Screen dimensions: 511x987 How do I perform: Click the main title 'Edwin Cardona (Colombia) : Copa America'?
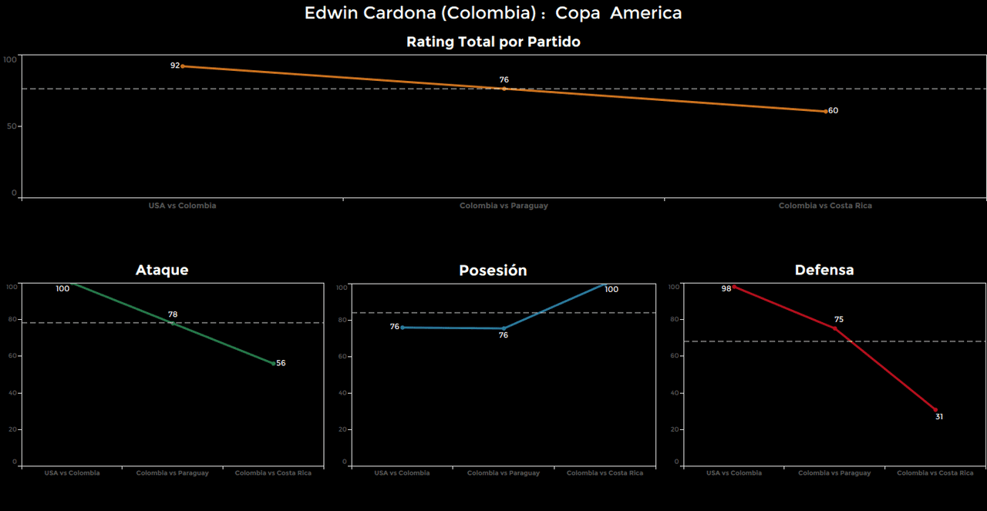point(493,13)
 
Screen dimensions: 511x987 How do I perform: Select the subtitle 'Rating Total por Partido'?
point(493,42)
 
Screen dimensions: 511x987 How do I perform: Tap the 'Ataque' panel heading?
point(162,270)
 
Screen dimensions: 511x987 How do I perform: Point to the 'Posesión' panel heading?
point(493,271)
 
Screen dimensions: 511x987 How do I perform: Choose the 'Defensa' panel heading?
point(824,270)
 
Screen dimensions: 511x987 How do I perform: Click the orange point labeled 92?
point(182,66)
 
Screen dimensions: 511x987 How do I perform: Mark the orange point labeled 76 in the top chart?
point(504,89)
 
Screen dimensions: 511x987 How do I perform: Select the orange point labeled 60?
point(826,111)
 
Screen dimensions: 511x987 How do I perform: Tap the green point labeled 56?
point(273,363)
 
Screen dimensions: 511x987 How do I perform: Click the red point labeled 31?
point(935,410)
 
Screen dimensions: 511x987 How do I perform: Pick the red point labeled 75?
point(834,328)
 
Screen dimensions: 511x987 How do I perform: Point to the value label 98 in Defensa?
point(726,289)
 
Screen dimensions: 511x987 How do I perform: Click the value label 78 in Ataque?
point(173,314)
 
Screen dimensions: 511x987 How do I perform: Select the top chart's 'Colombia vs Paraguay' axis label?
point(504,206)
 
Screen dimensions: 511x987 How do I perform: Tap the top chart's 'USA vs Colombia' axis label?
point(182,206)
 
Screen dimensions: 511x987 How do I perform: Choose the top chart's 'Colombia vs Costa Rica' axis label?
point(825,206)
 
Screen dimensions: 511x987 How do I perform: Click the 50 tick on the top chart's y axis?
point(12,126)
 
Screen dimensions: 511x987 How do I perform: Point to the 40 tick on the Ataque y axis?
point(12,393)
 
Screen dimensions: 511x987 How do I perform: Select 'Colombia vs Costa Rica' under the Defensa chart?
point(935,473)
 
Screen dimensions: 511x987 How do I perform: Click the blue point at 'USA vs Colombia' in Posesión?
point(403,328)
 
